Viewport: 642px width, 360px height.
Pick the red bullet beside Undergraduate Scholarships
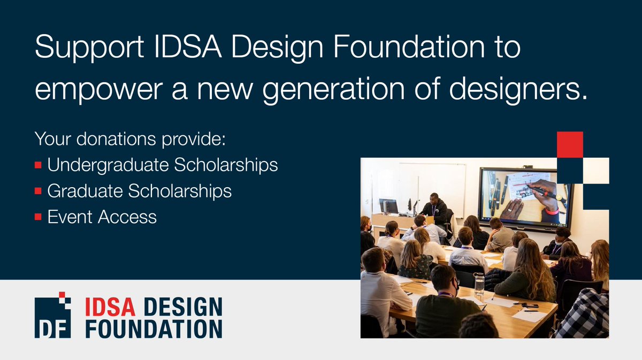coord(38,166)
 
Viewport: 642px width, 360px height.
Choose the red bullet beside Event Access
coord(38,217)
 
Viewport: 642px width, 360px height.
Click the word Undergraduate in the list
coord(107,165)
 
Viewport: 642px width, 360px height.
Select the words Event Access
coord(102,217)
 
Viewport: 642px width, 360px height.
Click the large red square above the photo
coord(569,144)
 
